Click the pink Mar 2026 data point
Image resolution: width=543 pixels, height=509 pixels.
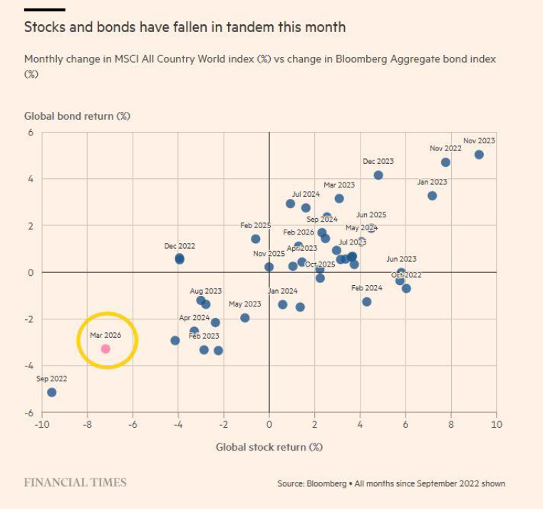click(105, 349)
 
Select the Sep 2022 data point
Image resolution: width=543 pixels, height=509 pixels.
click(51, 392)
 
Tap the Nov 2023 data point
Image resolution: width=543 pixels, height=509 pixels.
click(479, 155)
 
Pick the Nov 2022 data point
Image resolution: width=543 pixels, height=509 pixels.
click(445, 162)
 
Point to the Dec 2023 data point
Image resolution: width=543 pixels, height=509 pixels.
click(378, 175)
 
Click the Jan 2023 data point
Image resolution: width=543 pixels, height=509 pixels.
click(432, 195)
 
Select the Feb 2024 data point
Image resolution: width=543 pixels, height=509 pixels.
click(367, 302)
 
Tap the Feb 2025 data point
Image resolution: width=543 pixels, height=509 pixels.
click(256, 239)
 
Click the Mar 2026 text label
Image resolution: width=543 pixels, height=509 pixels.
click(105, 334)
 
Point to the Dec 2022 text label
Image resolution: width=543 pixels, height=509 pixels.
click(180, 246)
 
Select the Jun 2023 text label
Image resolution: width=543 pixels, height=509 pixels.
click(401, 259)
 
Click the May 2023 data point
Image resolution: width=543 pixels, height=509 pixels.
click(245, 318)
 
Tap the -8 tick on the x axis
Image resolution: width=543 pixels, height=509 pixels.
click(87, 424)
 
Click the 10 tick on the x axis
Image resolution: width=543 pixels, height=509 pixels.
click(496, 424)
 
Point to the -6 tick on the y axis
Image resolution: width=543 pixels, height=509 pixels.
click(29, 413)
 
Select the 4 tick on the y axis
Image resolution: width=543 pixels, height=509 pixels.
click(31, 179)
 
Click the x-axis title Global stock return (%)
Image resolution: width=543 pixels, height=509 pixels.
click(269, 447)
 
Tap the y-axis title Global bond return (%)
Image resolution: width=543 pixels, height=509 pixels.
click(77, 115)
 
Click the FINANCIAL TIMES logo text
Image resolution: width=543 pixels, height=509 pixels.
click(75, 483)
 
